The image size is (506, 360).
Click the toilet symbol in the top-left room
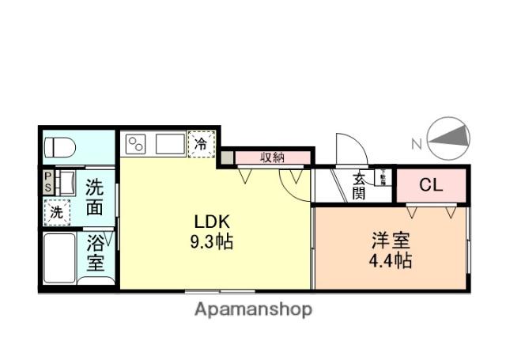(x=60, y=147)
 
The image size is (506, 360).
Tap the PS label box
(x=47, y=181)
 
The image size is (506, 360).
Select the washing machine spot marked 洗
(x=57, y=211)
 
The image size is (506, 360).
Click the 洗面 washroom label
(x=95, y=198)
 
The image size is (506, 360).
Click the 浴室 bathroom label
(x=96, y=252)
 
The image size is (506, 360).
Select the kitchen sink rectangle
(x=170, y=145)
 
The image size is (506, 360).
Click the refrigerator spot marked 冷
(x=202, y=144)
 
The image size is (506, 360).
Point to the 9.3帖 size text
(x=211, y=243)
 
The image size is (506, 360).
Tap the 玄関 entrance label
(x=359, y=186)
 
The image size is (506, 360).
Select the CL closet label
(x=431, y=186)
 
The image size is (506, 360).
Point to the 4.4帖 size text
(x=391, y=260)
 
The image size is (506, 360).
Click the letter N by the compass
(x=417, y=143)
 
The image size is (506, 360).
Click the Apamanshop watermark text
(x=253, y=309)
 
